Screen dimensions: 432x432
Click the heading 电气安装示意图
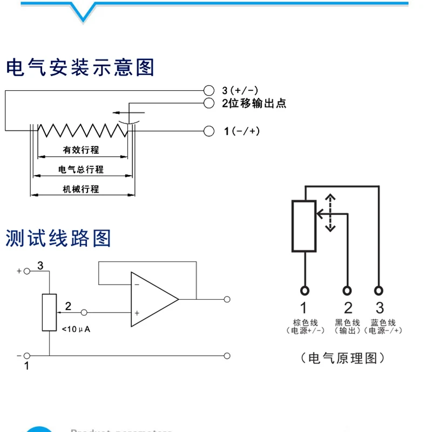click(x=80, y=67)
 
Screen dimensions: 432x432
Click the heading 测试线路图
click(x=58, y=238)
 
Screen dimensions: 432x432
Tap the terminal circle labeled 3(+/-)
click(x=209, y=90)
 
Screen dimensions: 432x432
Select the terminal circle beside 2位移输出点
click(x=209, y=103)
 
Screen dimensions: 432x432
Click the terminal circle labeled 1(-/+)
click(x=209, y=131)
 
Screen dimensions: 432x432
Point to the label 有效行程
click(x=81, y=150)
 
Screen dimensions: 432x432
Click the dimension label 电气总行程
click(x=81, y=170)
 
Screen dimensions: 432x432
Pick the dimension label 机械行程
click(x=81, y=189)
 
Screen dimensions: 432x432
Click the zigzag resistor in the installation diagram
click(x=81, y=130)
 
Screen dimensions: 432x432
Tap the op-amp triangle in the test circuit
click(x=151, y=299)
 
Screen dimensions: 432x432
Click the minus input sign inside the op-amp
click(x=137, y=285)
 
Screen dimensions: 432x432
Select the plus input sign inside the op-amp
click(x=137, y=313)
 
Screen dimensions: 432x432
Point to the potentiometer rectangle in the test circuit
click(x=49, y=312)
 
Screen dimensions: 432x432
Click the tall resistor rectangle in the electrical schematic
click(x=304, y=226)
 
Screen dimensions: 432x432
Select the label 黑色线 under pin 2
click(x=347, y=322)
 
